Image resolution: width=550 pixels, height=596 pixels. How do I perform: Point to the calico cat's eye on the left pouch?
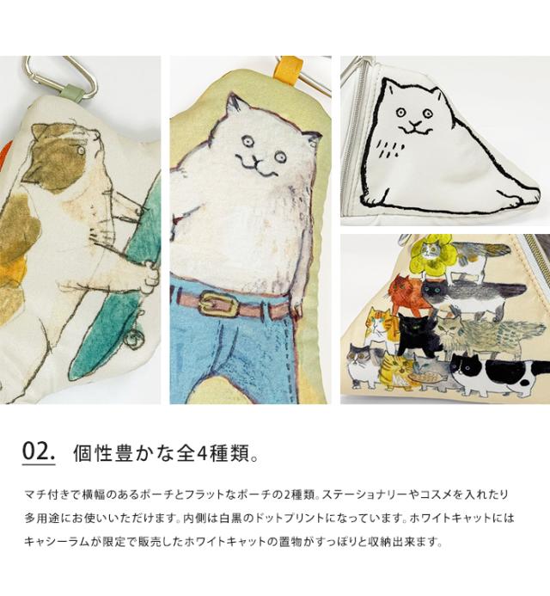pos(81,151)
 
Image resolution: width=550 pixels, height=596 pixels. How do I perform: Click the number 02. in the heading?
pos(39,452)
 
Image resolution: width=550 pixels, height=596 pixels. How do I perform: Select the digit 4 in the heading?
pos(201,453)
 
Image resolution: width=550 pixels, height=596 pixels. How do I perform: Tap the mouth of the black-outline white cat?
pos(415,129)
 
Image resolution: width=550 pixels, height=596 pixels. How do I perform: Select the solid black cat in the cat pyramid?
pos(417,335)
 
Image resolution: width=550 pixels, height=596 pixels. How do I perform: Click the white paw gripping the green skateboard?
pos(149,279)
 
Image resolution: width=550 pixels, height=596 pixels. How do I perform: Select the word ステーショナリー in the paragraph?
pos(364,495)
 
